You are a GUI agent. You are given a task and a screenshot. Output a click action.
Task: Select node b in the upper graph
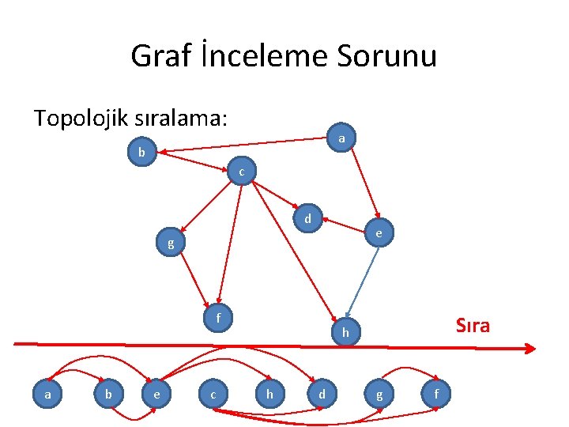pos(141,152)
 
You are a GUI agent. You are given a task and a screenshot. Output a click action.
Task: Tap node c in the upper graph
pos(241,172)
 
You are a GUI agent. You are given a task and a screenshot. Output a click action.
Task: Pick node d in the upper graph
pos(308,217)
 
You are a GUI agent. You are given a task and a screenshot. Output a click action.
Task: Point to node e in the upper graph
pos(379,233)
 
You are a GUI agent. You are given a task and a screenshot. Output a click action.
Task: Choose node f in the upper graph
pos(217,318)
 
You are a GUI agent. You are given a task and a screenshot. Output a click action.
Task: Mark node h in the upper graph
pos(345,333)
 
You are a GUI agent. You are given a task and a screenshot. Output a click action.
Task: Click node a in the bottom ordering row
pos(48,392)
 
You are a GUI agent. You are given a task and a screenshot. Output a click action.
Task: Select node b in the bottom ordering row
pos(108,393)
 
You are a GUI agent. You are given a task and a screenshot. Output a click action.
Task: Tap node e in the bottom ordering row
pos(157,393)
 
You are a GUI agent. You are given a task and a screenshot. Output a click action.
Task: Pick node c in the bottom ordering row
pos(213,393)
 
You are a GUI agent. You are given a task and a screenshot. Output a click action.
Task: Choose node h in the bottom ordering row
pos(270,393)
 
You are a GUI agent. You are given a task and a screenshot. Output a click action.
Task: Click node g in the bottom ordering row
pos(379,393)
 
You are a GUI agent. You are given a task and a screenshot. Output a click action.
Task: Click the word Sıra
pos(473,325)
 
